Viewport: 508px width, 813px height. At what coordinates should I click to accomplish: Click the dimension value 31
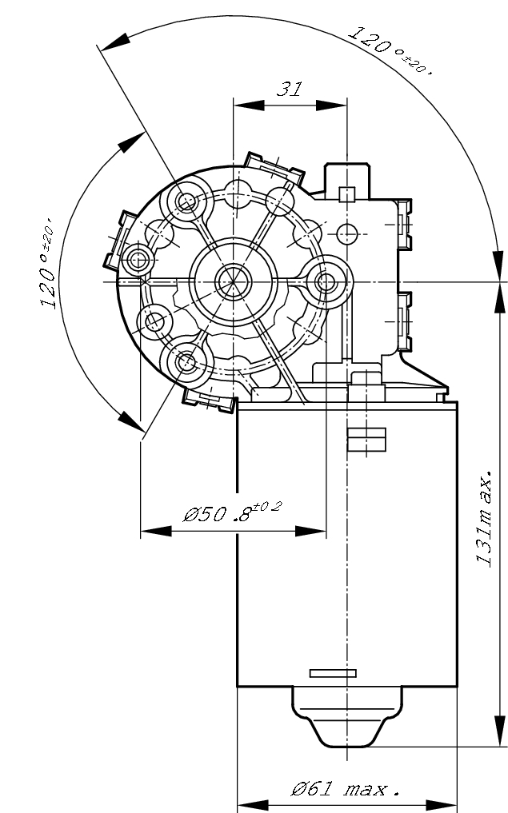coord(289,89)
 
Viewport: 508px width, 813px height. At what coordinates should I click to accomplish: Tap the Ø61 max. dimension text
coord(345,790)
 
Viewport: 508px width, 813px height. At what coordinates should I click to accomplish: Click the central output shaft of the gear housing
coord(233,281)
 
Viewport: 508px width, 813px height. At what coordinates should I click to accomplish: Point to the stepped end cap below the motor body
coord(346,715)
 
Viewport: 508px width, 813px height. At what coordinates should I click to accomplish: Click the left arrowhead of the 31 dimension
coord(241,104)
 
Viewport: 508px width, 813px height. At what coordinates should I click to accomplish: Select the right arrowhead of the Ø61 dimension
coord(448,803)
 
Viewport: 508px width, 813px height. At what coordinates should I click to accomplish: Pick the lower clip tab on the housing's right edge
coord(404,321)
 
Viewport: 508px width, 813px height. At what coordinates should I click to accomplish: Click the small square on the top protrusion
coord(346,193)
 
